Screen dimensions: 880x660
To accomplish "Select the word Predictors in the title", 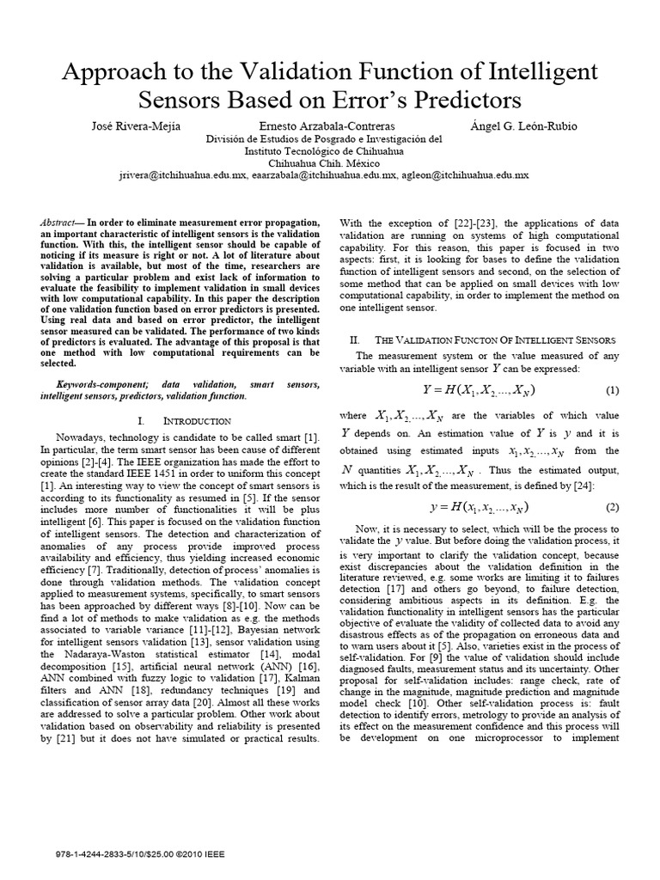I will tap(460, 101).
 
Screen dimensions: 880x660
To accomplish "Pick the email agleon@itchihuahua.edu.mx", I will tap(475, 174).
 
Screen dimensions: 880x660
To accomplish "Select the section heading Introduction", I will tap(197, 421).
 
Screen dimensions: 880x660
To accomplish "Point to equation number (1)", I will tap(612, 391).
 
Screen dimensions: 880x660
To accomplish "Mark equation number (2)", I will tap(612, 506).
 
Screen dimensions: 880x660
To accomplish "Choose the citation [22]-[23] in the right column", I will tap(443, 223).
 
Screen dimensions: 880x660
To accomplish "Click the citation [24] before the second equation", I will tap(610, 484).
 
